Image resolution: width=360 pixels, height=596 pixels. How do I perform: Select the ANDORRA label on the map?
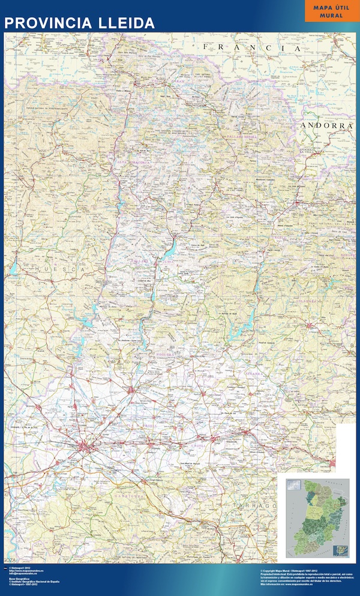coord(326,126)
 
